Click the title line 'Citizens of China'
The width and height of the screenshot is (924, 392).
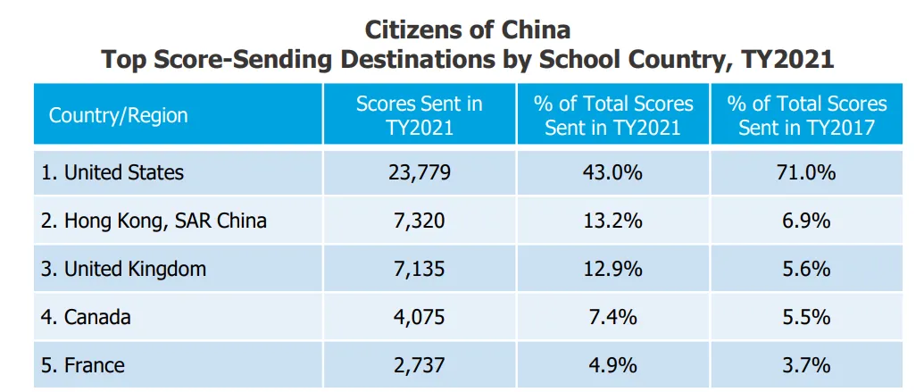point(467,29)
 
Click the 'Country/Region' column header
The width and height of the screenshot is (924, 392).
point(118,115)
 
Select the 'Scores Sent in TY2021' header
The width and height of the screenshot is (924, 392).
point(420,115)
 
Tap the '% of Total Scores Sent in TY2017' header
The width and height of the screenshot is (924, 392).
point(807,115)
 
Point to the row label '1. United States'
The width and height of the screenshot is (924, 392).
point(112,172)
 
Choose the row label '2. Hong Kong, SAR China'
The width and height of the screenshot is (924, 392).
point(154,221)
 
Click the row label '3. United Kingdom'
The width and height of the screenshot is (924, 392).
point(124,269)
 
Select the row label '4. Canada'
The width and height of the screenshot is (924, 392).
point(86,317)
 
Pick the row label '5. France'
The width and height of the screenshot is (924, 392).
point(83,365)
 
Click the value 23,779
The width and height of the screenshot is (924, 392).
point(420,172)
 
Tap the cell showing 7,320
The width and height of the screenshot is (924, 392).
point(420,221)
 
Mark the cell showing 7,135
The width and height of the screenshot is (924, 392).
point(420,270)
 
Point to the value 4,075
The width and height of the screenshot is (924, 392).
point(420,318)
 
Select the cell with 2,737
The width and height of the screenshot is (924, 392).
point(420,366)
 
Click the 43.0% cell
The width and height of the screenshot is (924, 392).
point(613,172)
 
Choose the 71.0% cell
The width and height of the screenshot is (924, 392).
point(807,172)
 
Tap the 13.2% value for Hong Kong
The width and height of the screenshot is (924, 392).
point(613,221)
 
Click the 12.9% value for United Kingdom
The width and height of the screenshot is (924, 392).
point(613,270)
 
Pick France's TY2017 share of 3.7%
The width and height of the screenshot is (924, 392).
point(807,366)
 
